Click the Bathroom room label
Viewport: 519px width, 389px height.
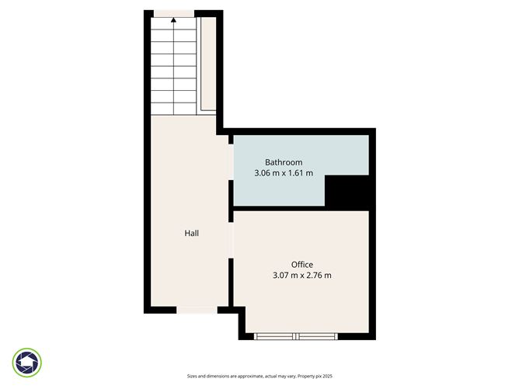[284, 162]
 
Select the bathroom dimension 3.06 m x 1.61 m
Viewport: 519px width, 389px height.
[284, 173]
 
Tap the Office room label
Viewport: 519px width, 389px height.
[302, 265]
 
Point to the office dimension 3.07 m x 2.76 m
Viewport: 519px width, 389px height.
[302, 276]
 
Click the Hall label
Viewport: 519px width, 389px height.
[192, 233]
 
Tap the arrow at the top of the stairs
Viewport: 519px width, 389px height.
[173, 22]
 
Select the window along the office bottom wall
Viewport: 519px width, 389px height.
[297, 336]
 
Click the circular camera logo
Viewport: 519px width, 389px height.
[27, 362]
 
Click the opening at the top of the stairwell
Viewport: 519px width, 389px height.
[173, 12]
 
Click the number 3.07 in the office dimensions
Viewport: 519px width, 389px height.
[283, 276]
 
